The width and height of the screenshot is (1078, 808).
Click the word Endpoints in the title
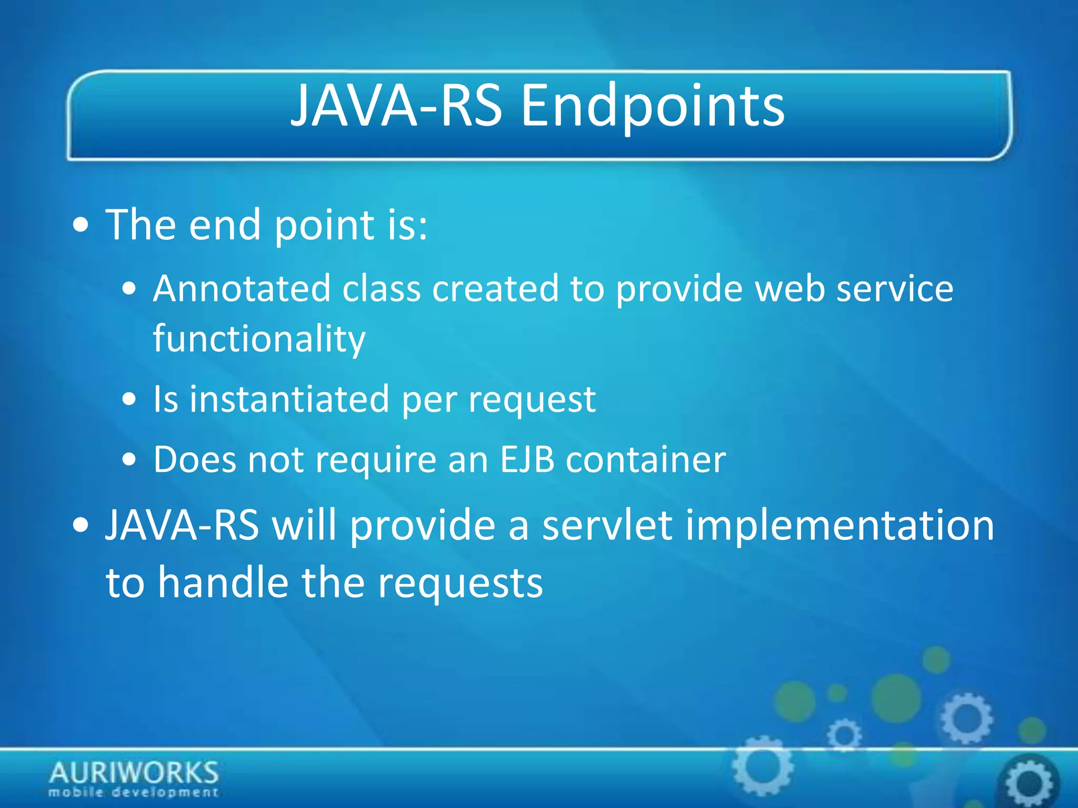(x=653, y=107)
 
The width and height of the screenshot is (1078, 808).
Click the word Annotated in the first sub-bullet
(x=242, y=289)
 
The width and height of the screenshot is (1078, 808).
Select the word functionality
(x=259, y=339)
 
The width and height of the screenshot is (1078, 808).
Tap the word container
(x=646, y=460)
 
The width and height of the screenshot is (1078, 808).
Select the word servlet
(x=607, y=526)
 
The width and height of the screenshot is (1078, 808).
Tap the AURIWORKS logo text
(x=134, y=773)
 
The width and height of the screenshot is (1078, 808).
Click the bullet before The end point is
(x=81, y=226)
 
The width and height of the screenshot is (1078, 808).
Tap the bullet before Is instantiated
(x=129, y=400)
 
